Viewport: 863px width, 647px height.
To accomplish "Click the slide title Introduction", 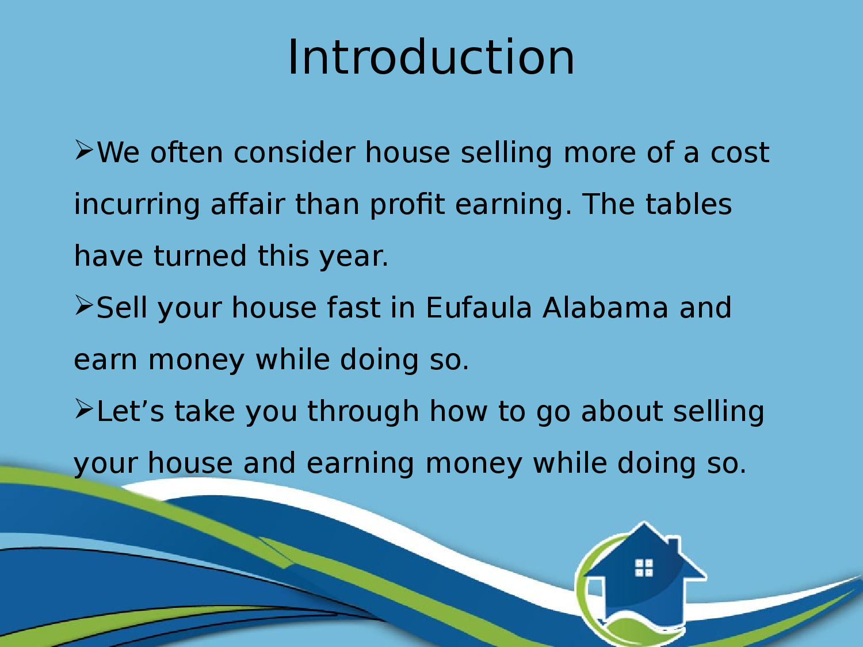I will click(431, 58).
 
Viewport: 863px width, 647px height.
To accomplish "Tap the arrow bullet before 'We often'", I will click(84, 151).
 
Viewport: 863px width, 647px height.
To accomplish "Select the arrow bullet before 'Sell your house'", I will click(84, 306).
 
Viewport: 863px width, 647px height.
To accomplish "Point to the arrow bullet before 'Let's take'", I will click(84, 409).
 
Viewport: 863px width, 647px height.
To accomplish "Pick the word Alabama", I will click(605, 308).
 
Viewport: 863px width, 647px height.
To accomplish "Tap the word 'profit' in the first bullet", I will click(407, 204).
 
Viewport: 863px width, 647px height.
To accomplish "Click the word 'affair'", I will click(247, 204).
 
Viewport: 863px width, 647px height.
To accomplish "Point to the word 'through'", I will click(363, 412).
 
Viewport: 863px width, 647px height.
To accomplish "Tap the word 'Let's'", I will click(131, 412).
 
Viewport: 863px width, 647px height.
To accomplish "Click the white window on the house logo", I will click(644, 568).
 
